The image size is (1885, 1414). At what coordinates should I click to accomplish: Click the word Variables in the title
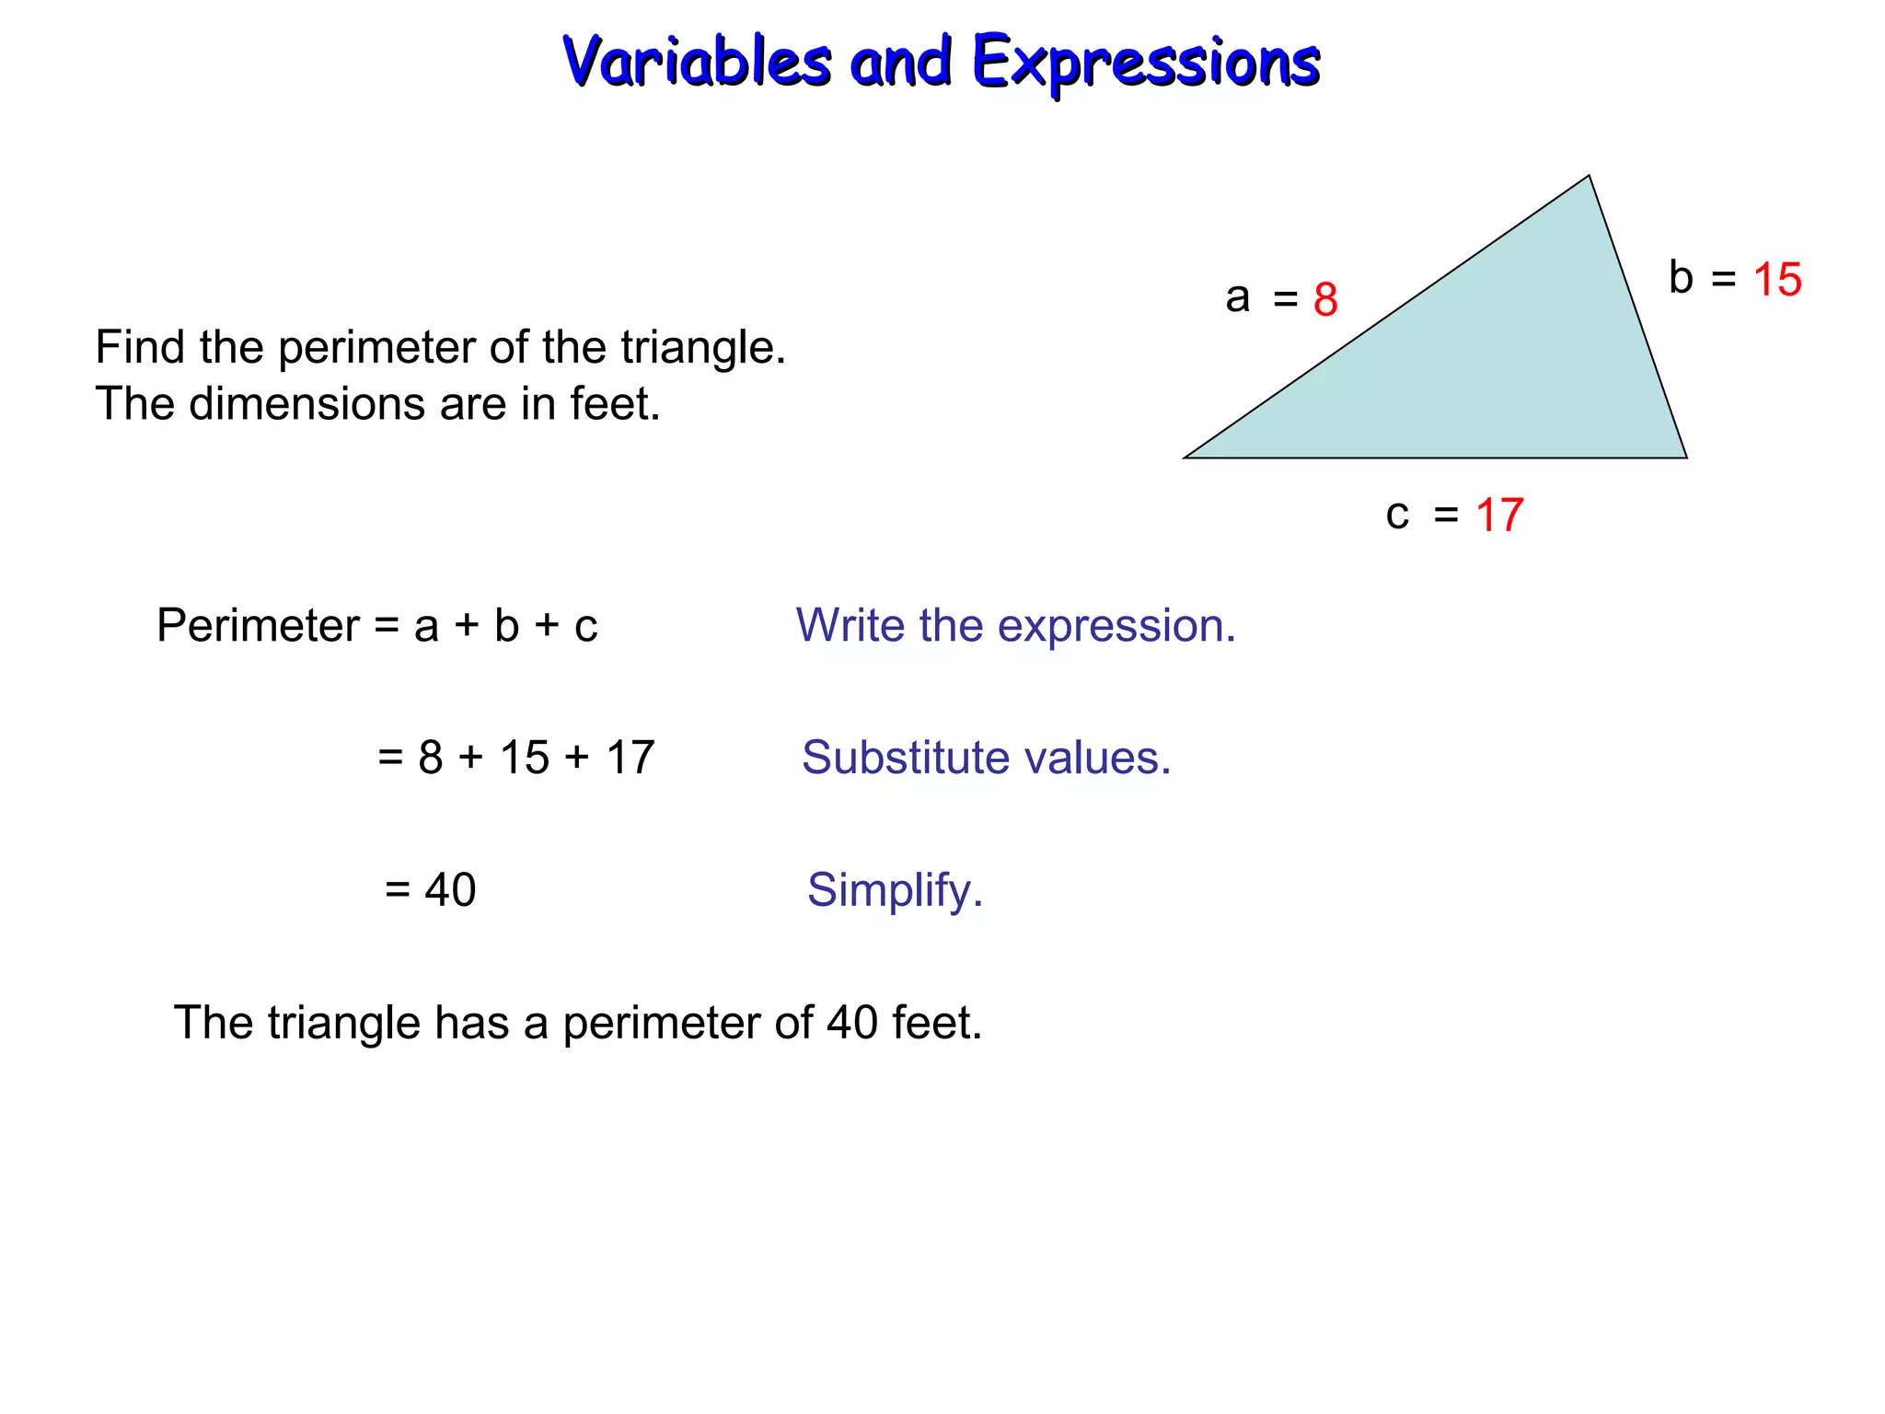697,62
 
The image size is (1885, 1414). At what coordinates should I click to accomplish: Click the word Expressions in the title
1146,64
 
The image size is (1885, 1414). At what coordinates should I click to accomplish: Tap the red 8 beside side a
1325,299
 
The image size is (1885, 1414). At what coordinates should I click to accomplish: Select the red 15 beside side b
1776,279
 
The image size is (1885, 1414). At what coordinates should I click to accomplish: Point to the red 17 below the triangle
1499,515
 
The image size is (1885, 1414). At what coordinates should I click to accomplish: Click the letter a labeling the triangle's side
1237,297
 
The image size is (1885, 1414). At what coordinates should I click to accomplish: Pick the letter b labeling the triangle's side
1681,277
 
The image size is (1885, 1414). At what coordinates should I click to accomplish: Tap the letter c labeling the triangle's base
1397,515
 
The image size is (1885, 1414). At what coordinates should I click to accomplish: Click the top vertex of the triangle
1589,177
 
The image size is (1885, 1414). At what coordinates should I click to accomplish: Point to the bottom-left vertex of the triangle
1185,458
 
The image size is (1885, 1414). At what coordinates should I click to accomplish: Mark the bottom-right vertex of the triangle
1686,458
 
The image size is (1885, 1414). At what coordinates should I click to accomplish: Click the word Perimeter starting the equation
258,626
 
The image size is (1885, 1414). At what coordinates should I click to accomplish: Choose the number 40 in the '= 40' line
450,890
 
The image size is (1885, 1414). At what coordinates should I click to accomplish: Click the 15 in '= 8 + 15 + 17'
524,758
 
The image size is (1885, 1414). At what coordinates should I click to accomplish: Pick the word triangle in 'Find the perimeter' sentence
702,348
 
